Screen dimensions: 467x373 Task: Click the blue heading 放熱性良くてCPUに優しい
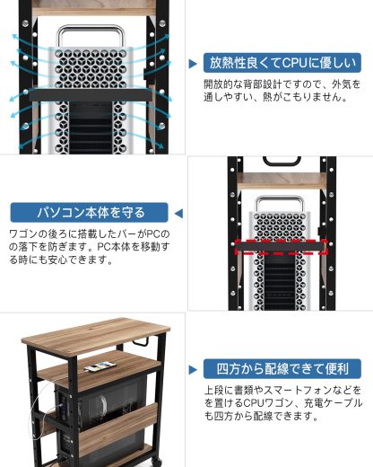(283, 63)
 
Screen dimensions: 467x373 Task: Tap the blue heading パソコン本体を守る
(90, 214)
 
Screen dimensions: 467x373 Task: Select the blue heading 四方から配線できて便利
(283, 369)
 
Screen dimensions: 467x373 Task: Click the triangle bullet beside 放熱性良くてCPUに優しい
(194, 64)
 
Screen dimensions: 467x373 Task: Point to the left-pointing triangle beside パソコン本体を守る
(178, 214)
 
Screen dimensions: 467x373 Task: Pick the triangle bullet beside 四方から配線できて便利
(194, 369)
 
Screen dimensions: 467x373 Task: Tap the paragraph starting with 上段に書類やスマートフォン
(282, 404)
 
